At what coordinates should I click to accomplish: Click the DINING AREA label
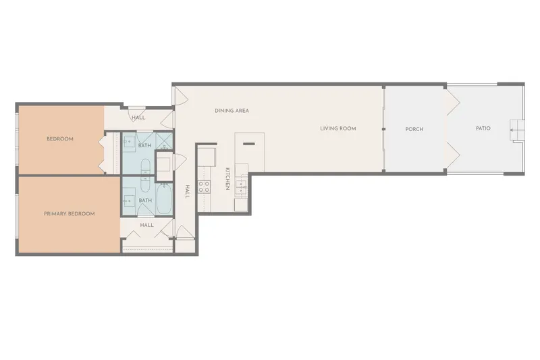232,111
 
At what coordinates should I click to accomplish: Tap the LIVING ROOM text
338,128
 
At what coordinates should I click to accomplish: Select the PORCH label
414,129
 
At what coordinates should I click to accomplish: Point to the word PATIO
483,128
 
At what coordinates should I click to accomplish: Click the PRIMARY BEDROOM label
70,213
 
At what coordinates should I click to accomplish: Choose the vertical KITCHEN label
227,179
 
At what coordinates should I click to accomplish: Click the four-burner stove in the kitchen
205,187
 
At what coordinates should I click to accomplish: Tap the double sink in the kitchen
241,186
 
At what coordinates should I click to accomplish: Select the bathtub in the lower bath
164,199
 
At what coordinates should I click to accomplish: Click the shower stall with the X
164,140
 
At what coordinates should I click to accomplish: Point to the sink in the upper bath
129,141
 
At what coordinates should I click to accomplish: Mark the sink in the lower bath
129,200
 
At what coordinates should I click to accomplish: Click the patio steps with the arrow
516,130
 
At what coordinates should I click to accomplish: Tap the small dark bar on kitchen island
249,144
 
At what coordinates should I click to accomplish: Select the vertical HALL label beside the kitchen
188,192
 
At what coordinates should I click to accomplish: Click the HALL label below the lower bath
146,225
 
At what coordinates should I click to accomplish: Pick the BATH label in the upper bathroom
144,145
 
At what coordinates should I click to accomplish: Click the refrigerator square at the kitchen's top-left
207,157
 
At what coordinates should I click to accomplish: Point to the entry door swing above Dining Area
180,95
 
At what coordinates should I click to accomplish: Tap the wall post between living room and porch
383,129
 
